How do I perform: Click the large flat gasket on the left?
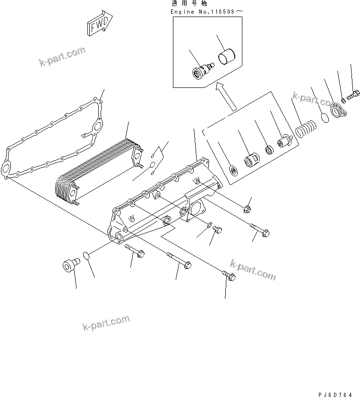pos(52,142)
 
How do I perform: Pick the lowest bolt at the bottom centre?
pos(229,276)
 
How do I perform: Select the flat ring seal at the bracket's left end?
pos(233,170)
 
